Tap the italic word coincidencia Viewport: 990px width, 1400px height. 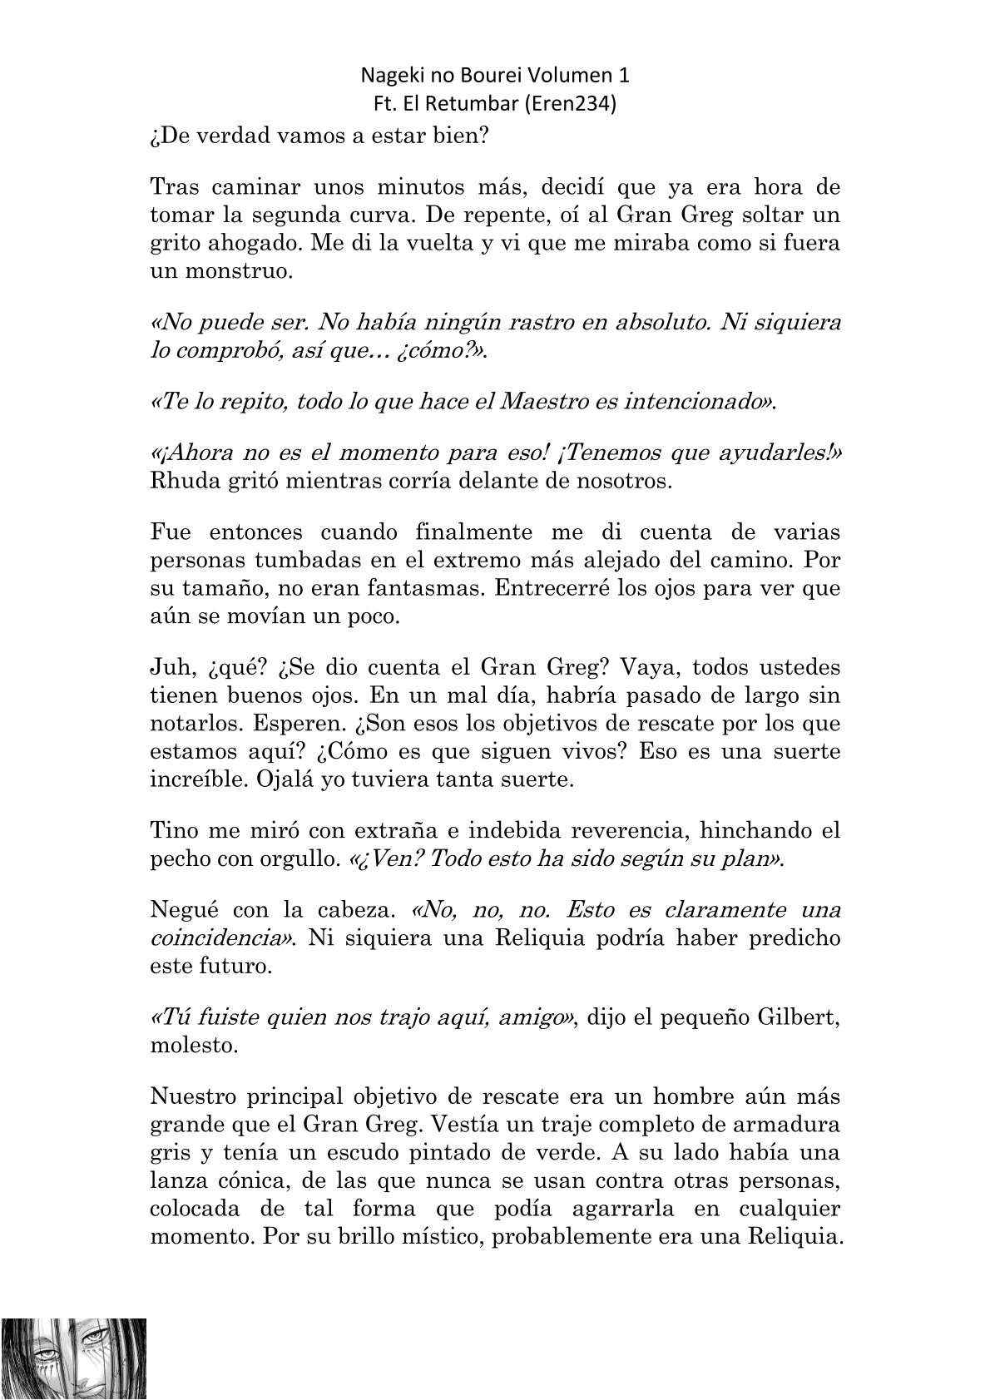pos(220,938)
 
